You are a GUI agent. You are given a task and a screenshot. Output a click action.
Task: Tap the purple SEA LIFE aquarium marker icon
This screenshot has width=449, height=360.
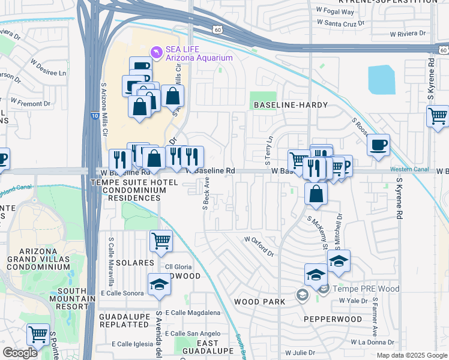(157, 53)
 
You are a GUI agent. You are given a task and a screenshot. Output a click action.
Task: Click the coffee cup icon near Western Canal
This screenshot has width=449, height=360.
(378, 146)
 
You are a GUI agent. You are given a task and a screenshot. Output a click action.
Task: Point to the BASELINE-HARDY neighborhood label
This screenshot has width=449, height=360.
(291, 105)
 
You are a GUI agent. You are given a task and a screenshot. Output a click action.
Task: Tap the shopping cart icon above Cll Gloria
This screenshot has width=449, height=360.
(161, 241)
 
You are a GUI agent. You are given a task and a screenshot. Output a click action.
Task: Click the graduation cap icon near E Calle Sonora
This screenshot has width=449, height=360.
(159, 284)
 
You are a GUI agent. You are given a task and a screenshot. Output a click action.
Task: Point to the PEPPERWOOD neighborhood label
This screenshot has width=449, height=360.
(333, 319)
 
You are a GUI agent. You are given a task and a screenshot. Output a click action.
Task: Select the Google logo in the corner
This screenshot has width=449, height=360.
(20, 353)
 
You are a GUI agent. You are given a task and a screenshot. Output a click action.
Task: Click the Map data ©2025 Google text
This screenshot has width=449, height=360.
(411, 355)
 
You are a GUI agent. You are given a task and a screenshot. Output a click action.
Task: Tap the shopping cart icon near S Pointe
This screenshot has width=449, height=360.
(38, 334)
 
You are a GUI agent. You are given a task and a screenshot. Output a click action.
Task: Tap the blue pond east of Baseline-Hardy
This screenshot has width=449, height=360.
(382, 80)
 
